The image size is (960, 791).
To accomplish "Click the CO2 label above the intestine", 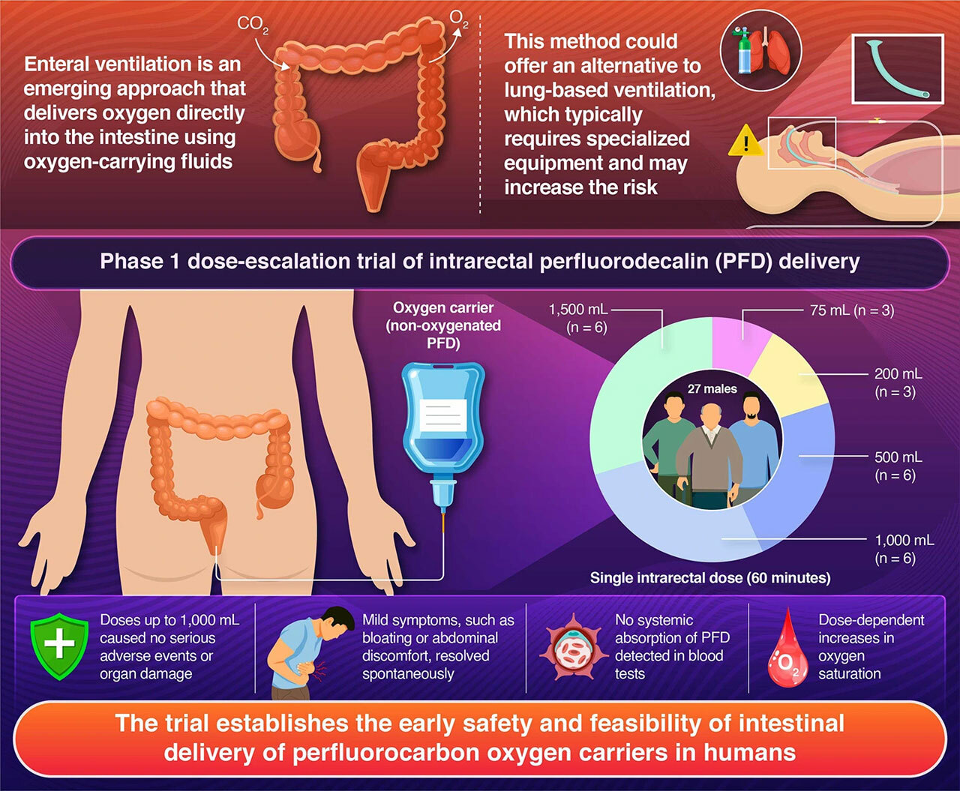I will [252, 25].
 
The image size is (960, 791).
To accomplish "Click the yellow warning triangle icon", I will [745, 142].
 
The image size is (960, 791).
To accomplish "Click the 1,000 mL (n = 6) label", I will [903, 549].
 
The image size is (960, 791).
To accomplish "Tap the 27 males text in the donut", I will [712, 389].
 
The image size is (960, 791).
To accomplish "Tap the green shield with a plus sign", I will [58, 644].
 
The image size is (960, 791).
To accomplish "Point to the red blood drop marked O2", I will [787, 651].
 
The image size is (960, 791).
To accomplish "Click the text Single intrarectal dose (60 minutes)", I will [709, 578].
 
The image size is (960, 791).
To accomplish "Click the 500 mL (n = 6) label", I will [897, 466].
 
